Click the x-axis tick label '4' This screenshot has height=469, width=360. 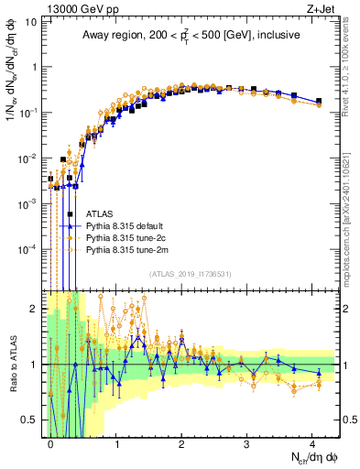tap(312, 442)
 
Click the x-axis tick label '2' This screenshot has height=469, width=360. tap(181, 442)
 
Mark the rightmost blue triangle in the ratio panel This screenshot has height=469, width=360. tap(319, 364)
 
